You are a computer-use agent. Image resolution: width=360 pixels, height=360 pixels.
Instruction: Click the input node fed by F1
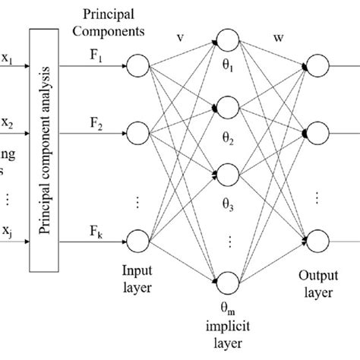[x=139, y=67]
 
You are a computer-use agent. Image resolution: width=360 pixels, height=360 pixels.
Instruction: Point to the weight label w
[x=271, y=36]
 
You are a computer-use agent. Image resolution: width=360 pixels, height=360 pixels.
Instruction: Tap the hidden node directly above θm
[x=228, y=280]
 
